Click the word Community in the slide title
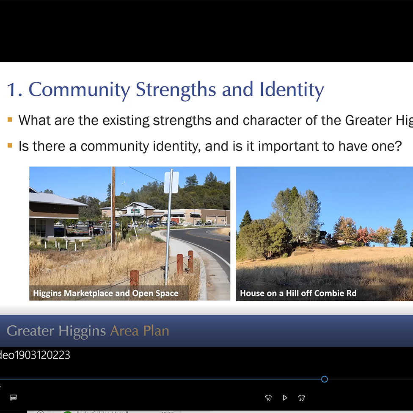pos(79,90)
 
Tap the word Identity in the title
pos(292,90)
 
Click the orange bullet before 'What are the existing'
pos(10,120)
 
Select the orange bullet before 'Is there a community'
pos(10,146)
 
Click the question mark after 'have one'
pos(398,146)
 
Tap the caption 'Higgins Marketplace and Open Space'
pos(106,293)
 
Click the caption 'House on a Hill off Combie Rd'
pos(298,293)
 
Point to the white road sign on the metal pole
pos(171,182)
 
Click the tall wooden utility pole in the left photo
pos(113,208)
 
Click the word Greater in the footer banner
pos(30,331)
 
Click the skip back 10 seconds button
pos(268,398)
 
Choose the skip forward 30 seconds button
pos(302,398)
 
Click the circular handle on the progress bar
pos(325,379)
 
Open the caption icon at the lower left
pos(13,398)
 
